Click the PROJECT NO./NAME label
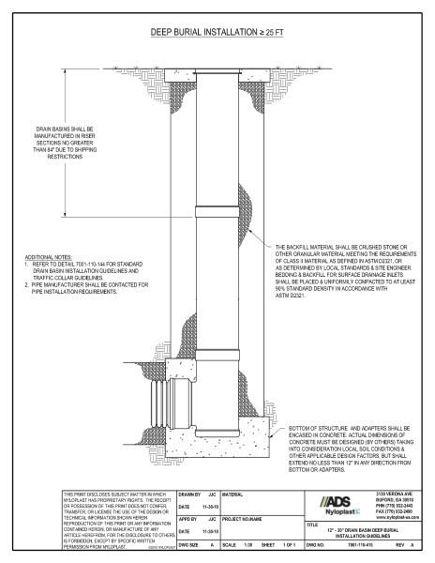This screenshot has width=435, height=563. point(246,517)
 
